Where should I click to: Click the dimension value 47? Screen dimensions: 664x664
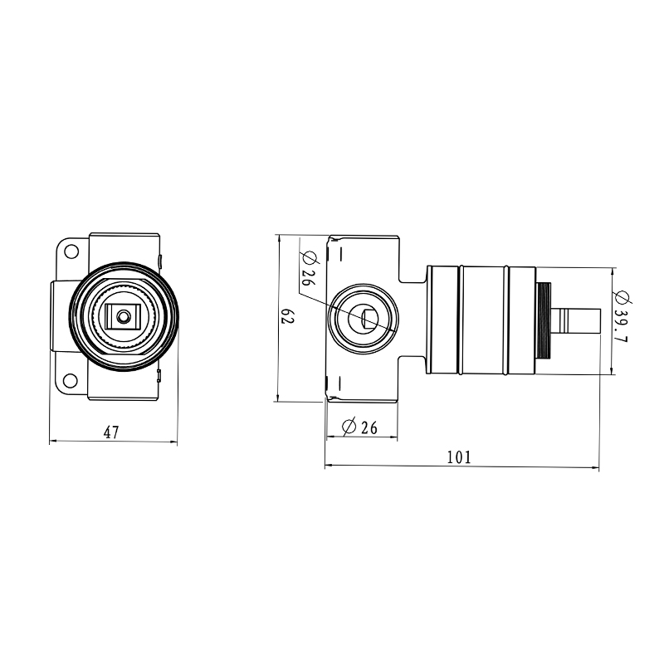click(111, 432)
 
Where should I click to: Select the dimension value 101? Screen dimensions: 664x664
click(459, 457)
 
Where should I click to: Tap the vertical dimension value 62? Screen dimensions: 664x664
click(287, 316)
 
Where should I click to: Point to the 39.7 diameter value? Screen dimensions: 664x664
click(621, 326)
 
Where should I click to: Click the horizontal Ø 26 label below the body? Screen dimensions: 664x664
click(359, 427)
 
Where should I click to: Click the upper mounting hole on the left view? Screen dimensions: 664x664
click(71, 251)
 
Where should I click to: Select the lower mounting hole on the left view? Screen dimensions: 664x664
click(71, 381)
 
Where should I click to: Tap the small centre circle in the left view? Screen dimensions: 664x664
click(124, 316)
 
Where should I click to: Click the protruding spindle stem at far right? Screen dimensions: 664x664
click(577, 321)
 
